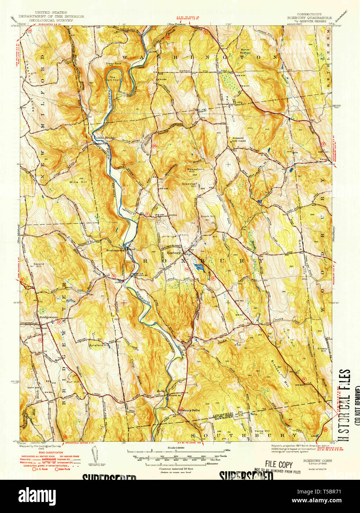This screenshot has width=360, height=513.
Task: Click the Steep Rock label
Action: (113, 63)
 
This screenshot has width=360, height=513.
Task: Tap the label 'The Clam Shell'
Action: (113, 79)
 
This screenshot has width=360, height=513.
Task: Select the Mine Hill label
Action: (77, 182)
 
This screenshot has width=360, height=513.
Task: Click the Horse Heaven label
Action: (245, 51)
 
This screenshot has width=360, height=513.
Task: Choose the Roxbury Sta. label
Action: (114, 251)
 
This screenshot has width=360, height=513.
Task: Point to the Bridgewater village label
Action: (45, 316)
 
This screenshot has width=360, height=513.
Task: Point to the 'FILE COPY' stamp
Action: (278, 464)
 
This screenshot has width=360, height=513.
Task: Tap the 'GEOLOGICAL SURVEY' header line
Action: (51, 20)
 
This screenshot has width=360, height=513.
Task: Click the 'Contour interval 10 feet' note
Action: (175, 469)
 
